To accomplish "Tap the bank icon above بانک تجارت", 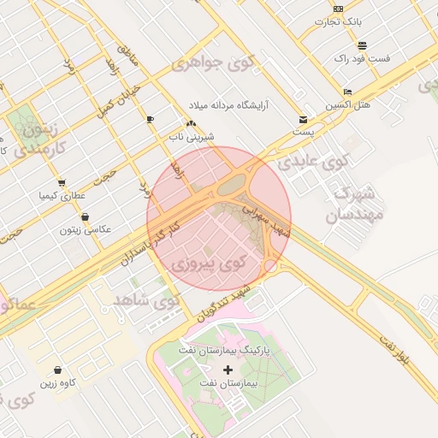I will click(x=339, y=9).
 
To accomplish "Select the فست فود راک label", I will click(x=363, y=58).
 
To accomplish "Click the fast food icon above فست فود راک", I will click(x=363, y=45).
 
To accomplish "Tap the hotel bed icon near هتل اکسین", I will click(x=347, y=92).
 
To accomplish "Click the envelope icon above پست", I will click(x=303, y=120).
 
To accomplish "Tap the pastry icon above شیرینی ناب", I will click(x=191, y=124).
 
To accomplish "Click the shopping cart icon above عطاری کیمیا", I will click(x=62, y=182).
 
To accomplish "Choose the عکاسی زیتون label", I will click(x=81, y=229).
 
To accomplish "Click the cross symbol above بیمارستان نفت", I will click(x=228, y=370).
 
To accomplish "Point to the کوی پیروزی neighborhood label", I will click(x=210, y=263).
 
